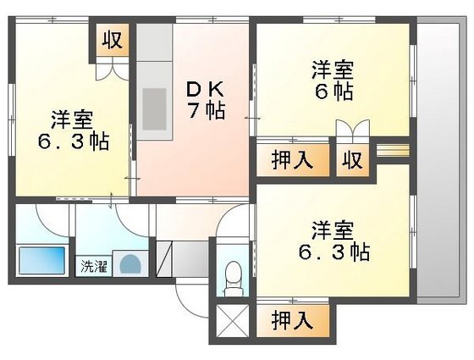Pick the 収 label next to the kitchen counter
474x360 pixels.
click(x=112, y=40)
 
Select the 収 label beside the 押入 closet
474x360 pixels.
click(x=352, y=160)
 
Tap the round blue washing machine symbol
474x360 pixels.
click(x=129, y=263)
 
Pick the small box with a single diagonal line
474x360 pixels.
click(x=166, y=253)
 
